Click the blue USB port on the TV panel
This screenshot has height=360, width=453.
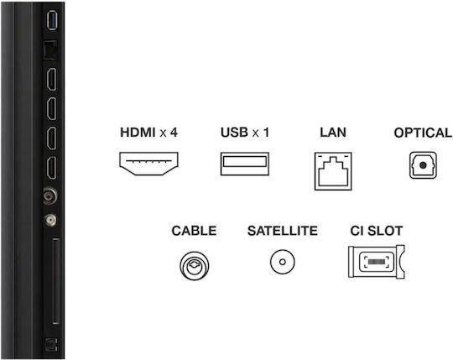click(52, 20)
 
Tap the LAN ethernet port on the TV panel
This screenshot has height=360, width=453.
click(50, 50)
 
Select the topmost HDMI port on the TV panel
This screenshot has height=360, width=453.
click(52, 80)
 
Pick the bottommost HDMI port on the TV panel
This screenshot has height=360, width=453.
click(52, 168)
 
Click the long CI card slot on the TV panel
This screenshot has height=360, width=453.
click(56, 281)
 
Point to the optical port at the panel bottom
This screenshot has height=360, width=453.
click(51, 345)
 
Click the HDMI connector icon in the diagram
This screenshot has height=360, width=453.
click(148, 164)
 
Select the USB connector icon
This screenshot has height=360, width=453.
click(245, 164)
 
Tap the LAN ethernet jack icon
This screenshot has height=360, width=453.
click(333, 171)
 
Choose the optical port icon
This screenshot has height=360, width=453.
click(423, 165)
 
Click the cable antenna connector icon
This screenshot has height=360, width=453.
click(195, 265)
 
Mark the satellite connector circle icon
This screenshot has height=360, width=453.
click(283, 262)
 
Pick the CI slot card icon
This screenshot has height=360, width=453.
click(377, 262)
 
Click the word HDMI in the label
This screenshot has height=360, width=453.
click(138, 133)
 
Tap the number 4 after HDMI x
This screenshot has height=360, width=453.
click(174, 133)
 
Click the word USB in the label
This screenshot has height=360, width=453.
click(234, 133)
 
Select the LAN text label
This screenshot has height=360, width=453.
click(333, 133)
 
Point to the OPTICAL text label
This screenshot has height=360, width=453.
click(424, 133)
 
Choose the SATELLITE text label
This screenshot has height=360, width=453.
click(283, 231)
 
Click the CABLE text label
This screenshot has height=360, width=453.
click(194, 231)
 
